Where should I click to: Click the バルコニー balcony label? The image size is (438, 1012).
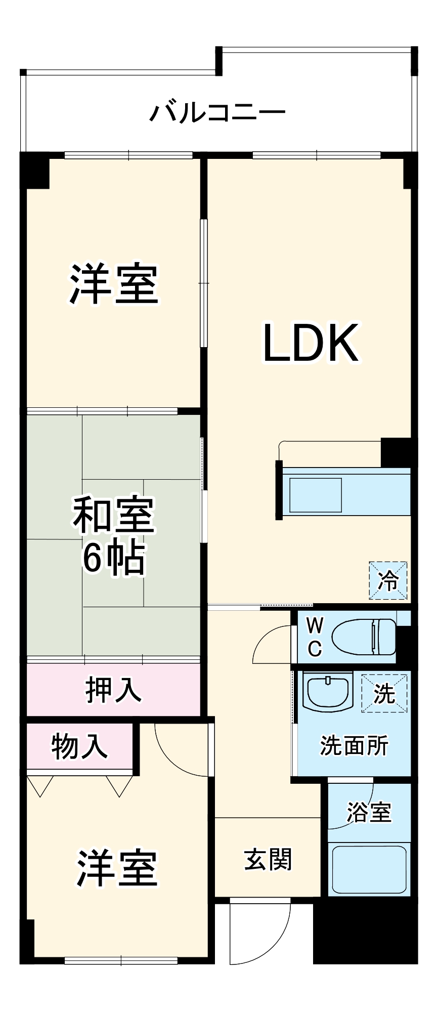[217, 111]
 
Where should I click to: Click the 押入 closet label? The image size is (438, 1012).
[113, 690]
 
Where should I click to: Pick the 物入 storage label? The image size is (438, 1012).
[79, 745]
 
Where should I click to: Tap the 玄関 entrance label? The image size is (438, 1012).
[268, 859]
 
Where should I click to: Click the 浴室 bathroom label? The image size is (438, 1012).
[369, 811]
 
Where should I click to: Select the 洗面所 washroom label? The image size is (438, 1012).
[354, 745]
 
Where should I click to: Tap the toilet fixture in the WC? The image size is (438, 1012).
[364, 637]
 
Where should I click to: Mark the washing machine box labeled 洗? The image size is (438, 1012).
[384, 693]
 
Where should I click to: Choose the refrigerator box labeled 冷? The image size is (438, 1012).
[388, 580]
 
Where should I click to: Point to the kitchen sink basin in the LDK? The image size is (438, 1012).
[315, 494]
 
